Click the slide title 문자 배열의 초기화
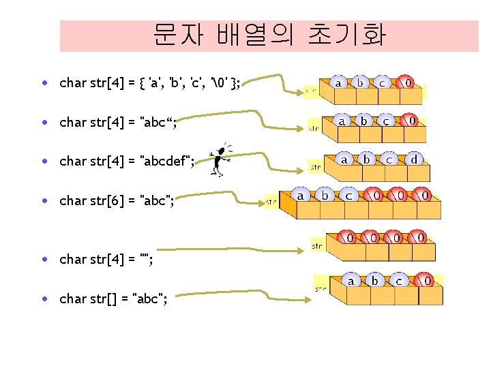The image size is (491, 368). pos(269,35)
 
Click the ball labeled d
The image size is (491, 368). pos(414,159)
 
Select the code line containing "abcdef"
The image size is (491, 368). pos(127,162)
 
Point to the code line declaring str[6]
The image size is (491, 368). pos(117,200)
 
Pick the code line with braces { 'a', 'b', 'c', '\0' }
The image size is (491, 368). pos(149,84)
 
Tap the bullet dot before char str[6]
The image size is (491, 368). pos(43,200)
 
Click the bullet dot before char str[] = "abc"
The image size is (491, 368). pos(43,298)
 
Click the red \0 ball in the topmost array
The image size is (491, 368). pos(406,82)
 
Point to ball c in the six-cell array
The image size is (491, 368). pos(348,196)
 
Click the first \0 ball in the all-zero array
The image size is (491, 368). pos(348,238)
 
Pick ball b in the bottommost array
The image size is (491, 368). pos(374,280)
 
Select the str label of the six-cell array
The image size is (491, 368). pos(271,202)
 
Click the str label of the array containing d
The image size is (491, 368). pos(316,166)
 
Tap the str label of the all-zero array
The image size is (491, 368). pos(317,245)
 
